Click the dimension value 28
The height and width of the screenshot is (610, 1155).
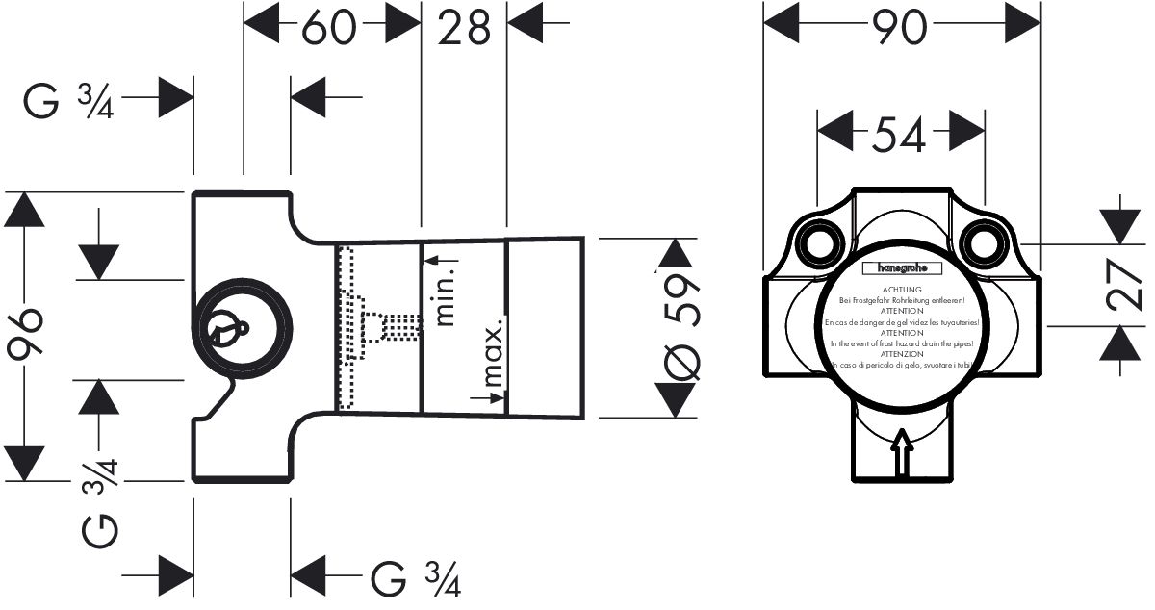[464, 28]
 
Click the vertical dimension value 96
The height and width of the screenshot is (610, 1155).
[26, 334]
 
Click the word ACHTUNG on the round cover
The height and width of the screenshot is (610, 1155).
[902, 290]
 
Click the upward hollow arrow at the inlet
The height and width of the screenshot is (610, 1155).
[902, 452]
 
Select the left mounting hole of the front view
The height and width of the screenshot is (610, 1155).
[819, 241]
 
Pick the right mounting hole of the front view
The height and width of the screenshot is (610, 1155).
[984, 241]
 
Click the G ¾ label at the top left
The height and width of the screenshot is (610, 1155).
[70, 99]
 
